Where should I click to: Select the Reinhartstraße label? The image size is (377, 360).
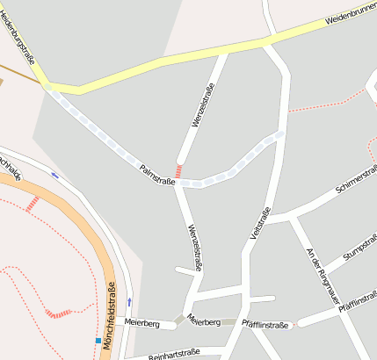click(174, 354)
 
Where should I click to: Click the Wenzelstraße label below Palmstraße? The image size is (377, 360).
click(192, 247)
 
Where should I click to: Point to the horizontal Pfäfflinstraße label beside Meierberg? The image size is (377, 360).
click(265, 325)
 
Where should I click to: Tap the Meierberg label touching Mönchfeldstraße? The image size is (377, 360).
click(141, 323)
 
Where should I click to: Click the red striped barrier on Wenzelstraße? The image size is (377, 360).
click(179, 171)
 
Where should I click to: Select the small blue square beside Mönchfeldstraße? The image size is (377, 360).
click(97, 340)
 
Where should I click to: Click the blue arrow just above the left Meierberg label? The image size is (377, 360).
click(130, 302)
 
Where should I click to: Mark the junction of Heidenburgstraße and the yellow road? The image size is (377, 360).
click(47, 85)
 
